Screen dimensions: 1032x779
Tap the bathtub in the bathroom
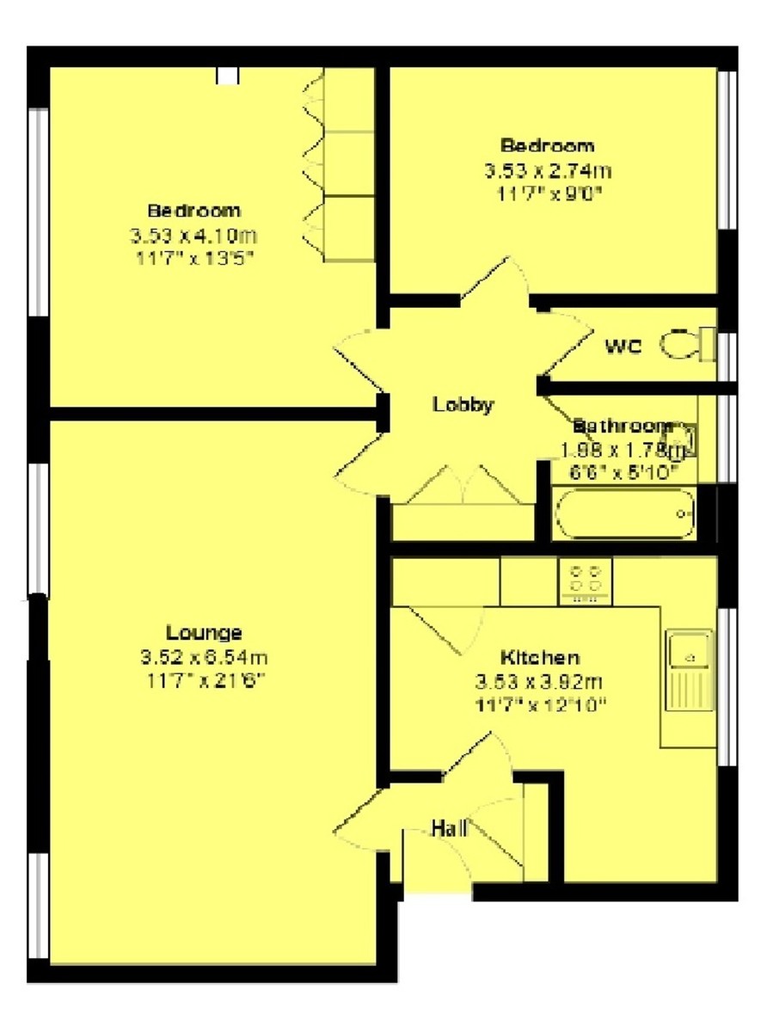[625, 514]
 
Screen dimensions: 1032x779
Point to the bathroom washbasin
[684, 439]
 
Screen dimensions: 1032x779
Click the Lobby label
[463, 404]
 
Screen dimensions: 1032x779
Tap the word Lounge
[204, 634]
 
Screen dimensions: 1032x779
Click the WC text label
[623, 347]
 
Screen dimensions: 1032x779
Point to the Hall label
[449, 829]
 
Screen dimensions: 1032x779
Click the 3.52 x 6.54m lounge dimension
[204, 659]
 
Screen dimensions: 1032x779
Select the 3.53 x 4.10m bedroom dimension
[193, 235]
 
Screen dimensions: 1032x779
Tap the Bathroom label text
[622, 426]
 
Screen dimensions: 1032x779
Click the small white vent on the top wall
[227, 77]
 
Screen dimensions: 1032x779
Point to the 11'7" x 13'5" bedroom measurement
[193, 257]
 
